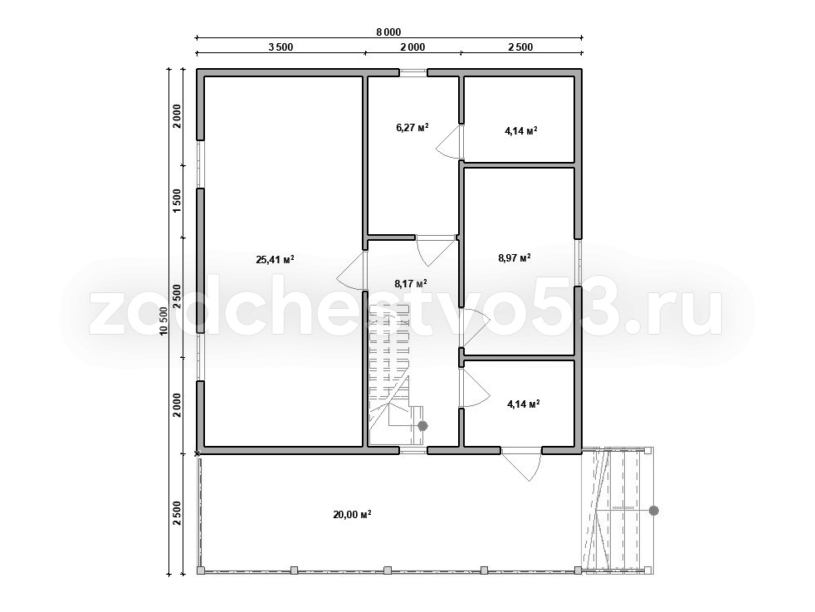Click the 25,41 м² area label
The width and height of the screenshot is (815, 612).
276,259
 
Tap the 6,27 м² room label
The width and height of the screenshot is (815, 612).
412,127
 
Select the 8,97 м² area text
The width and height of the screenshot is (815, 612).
515,257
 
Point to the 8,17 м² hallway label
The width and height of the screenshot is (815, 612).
411,283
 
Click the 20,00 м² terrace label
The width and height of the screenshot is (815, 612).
352,515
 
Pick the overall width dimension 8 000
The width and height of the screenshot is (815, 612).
388,32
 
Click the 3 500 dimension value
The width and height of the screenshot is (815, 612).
281,47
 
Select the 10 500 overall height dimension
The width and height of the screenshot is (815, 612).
163,321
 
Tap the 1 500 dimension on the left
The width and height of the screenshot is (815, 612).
177,201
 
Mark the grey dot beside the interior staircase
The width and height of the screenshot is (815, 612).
422,426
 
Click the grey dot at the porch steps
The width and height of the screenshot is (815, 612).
654,512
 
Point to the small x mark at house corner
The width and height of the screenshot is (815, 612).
197,454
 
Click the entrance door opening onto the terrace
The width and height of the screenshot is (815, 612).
521,464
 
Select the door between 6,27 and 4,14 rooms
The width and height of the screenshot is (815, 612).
450,141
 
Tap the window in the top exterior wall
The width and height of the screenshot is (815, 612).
413,73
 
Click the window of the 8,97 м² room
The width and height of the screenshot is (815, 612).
578,262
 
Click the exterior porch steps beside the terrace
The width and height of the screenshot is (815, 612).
617,511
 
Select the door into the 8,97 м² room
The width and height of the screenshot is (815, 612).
475,327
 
